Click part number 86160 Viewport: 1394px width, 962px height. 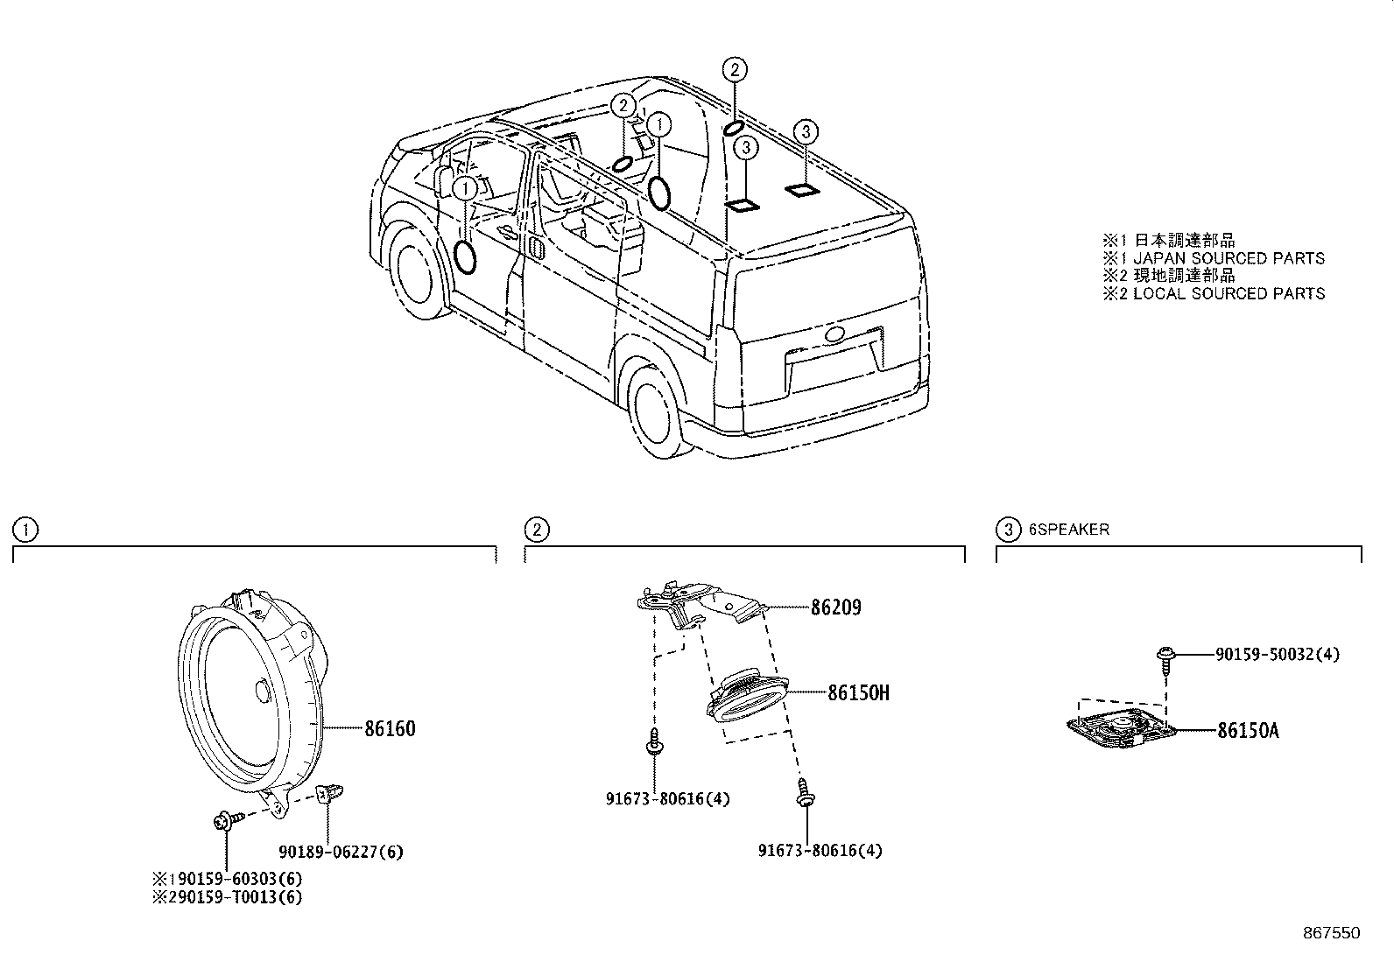390,728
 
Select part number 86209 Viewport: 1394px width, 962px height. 834,607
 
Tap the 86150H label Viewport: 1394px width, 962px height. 858,693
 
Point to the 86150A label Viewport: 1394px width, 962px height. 1247,730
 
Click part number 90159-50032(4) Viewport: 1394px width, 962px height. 1277,655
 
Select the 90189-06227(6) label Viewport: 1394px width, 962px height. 341,851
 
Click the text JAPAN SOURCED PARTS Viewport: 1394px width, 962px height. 1229,258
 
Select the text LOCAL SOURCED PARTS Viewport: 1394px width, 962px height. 1229,294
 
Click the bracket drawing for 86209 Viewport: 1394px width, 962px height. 701,604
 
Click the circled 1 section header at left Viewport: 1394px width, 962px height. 25,530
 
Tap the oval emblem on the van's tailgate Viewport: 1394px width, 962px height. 833,334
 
